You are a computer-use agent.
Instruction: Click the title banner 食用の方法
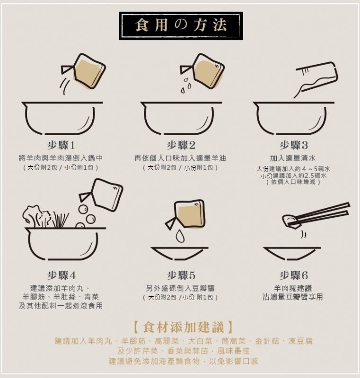point(181,26)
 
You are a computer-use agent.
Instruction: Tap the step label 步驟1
point(61,145)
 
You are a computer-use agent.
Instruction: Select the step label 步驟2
point(181,145)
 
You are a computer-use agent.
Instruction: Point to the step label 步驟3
point(294,145)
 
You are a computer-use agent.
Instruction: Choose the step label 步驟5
point(181,275)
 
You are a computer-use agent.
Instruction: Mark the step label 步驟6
point(294,275)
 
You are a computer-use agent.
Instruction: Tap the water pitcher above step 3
point(316,79)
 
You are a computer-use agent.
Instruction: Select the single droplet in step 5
point(180,236)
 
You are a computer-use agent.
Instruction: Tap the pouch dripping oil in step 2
point(202,71)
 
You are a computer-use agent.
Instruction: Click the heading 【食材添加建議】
point(183,327)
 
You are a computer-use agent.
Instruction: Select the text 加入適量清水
point(293,158)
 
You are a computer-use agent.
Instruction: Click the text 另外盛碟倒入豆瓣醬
point(180,288)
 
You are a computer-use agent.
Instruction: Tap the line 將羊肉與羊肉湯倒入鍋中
point(61,158)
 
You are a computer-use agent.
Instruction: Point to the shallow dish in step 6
point(292,254)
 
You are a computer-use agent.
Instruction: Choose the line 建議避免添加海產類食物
point(154,361)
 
